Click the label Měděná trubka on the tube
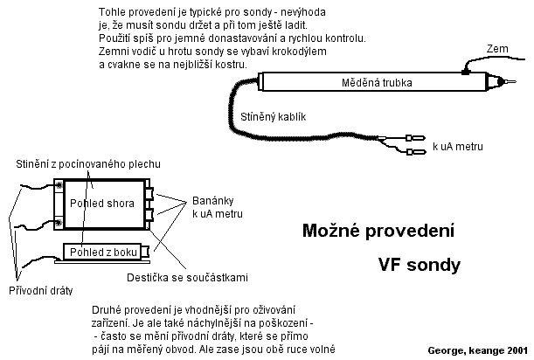(377, 82)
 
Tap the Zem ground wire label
(497, 49)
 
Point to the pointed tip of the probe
(516, 82)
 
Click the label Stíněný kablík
(274, 117)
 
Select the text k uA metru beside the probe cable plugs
(458, 147)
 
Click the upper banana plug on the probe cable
(415, 138)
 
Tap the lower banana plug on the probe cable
(416, 151)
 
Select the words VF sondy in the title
(420, 265)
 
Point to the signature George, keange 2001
(477, 350)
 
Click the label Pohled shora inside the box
(102, 204)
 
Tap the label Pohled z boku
(103, 252)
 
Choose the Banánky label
(213, 201)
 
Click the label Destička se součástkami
(187, 278)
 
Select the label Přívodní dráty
(40, 290)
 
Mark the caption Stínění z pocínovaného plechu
(88, 164)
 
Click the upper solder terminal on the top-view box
(59, 185)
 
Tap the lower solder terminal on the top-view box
(59, 223)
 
